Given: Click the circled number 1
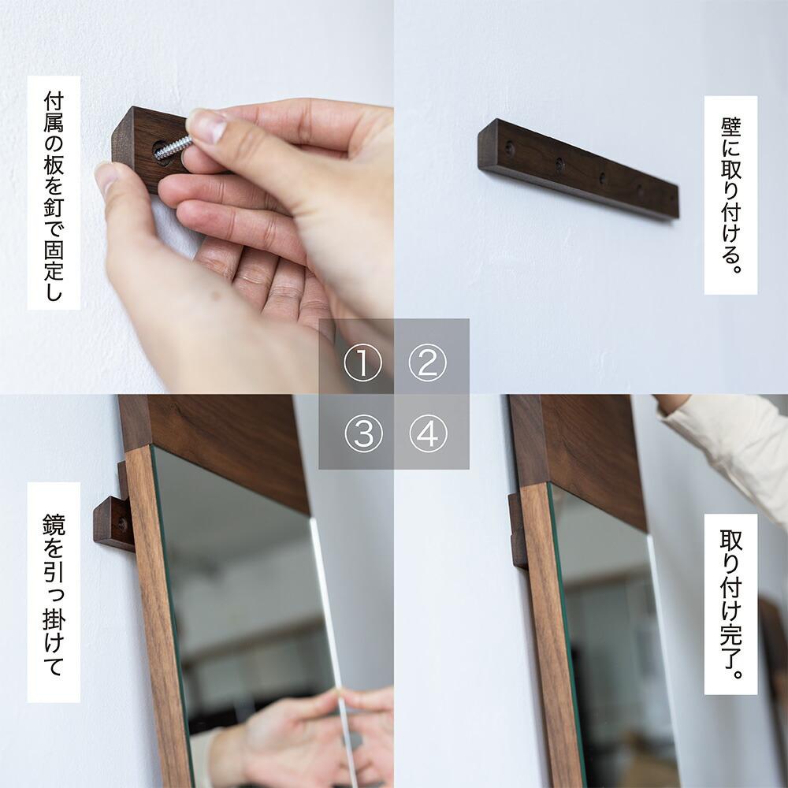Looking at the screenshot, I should click(x=362, y=363).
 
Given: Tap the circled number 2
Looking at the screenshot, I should click(x=428, y=363).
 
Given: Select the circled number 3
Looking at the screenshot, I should click(x=362, y=434).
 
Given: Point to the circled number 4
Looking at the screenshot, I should click(x=428, y=434).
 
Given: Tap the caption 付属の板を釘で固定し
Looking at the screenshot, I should click(x=54, y=192).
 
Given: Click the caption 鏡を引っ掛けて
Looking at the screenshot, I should click(x=54, y=592).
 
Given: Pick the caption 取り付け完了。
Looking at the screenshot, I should click(x=730, y=604).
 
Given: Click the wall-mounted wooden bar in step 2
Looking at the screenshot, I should click(x=577, y=169).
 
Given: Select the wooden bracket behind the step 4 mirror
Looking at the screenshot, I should click(x=518, y=528).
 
